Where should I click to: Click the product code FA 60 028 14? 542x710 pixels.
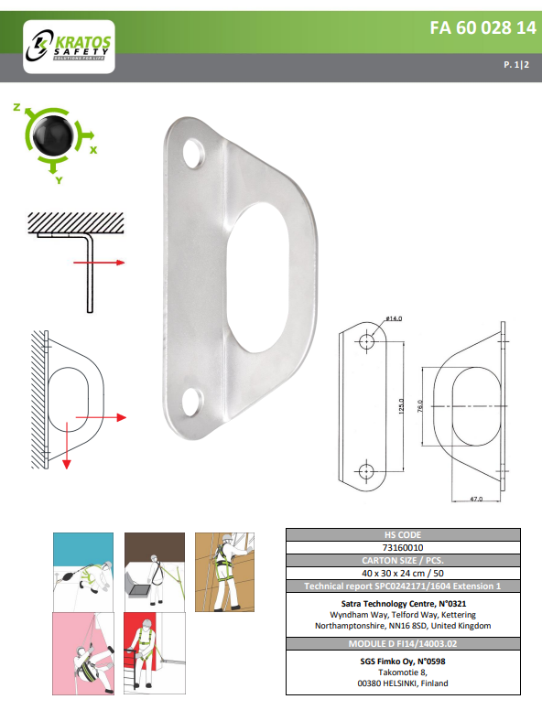click(482, 27)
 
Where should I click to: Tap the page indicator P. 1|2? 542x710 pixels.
click(519, 66)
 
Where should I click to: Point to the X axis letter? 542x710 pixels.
click(93, 147)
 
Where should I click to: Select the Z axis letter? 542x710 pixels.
click(16, 107)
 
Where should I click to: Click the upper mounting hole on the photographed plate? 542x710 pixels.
click(195, 153)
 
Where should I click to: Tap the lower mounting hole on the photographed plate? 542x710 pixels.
click(193, 401)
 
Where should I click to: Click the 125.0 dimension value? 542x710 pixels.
click(400, 405)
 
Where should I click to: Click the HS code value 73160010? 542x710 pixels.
click(403, 547)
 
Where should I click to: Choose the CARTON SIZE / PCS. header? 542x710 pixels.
click(403, 560)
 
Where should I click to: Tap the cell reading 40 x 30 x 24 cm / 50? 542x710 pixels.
click(403, 573)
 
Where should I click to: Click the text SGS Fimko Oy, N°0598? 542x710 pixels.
click(403, 660)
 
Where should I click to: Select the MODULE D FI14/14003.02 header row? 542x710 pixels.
click(403, 644)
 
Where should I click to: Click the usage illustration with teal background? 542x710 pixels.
click(81, 566)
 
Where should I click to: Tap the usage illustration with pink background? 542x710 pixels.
click(81, 652)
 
